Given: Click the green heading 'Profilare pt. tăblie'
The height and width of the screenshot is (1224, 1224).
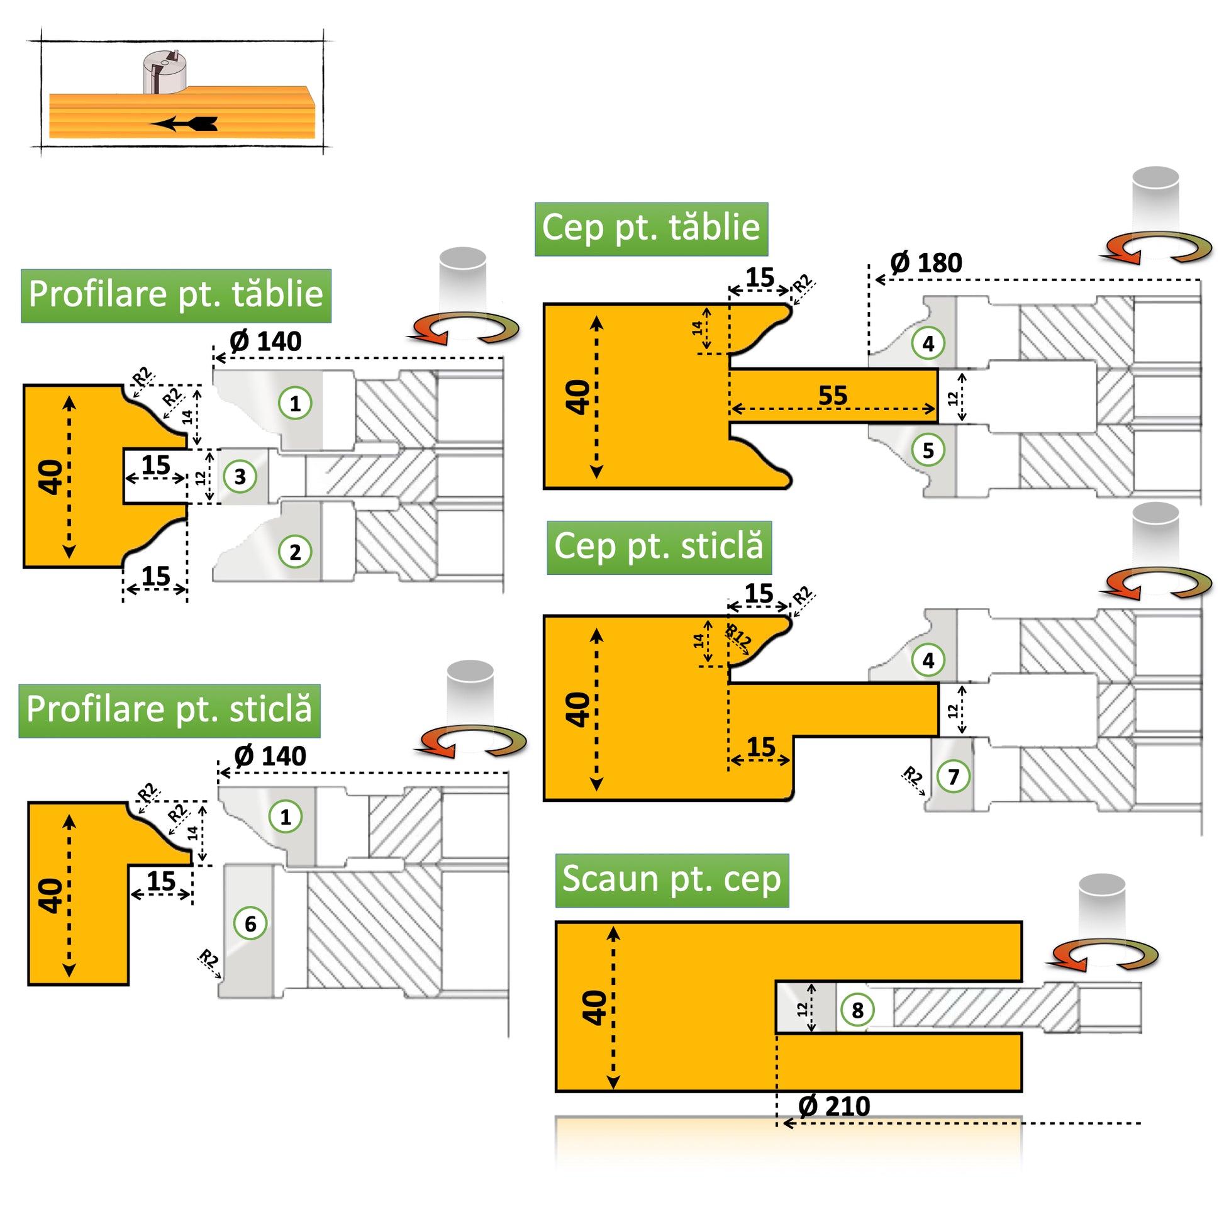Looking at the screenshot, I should (x=175, y=295).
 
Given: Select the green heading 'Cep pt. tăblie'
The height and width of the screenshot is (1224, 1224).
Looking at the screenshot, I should (x=650, y=229).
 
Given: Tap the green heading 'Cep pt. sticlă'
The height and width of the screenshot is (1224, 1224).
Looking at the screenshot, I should (x=659, y=547).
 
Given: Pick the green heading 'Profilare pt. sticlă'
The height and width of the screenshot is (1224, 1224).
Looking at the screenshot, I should (x=169, y=710).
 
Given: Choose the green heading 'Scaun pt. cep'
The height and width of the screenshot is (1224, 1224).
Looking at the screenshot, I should (x=672, y=880).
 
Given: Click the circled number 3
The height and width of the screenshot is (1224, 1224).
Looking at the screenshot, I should (x=240, y=476).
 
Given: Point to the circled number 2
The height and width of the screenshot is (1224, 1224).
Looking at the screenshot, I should (x=295, y=552).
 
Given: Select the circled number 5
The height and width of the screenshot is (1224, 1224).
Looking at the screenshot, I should (x=928, y=450).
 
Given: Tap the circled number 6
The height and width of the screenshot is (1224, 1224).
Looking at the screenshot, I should (x=250, y=924).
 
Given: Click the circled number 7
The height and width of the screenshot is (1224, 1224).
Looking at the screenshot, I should (x=954, y=776).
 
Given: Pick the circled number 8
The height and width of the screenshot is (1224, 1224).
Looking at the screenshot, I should (x=857, y=1010).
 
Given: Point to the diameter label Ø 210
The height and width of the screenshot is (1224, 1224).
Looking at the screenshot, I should (x=834, y=1106).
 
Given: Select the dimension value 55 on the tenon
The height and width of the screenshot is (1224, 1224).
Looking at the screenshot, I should (x=833, y=396).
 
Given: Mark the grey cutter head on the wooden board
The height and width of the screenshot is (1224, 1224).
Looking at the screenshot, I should (x=165, y=72).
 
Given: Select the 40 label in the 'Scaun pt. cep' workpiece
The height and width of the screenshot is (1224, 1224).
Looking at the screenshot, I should (x=594, y=1008).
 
